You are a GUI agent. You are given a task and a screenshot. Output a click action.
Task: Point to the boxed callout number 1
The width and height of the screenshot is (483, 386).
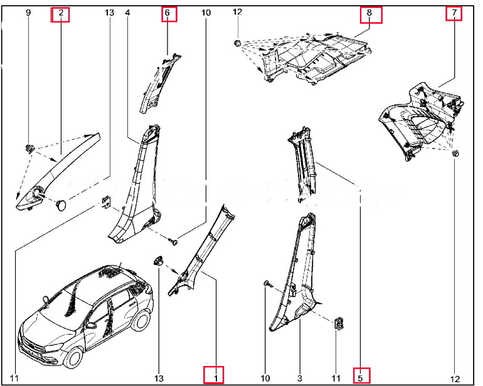[215, 377]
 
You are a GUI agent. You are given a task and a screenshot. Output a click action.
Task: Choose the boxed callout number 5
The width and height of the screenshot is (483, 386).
[360, 377]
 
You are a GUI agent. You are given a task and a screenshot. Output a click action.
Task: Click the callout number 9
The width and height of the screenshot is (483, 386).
[28, 13]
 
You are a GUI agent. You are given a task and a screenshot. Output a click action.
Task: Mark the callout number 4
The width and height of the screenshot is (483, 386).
[128, 13]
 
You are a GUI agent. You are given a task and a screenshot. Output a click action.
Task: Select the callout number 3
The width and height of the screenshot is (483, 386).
[300, 377]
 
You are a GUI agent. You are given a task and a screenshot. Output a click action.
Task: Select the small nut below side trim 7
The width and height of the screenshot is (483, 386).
[455, 154]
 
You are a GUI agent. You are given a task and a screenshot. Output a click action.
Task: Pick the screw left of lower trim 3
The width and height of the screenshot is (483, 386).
[268, 284]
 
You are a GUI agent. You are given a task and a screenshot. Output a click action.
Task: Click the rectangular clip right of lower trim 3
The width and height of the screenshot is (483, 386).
[340, 323]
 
